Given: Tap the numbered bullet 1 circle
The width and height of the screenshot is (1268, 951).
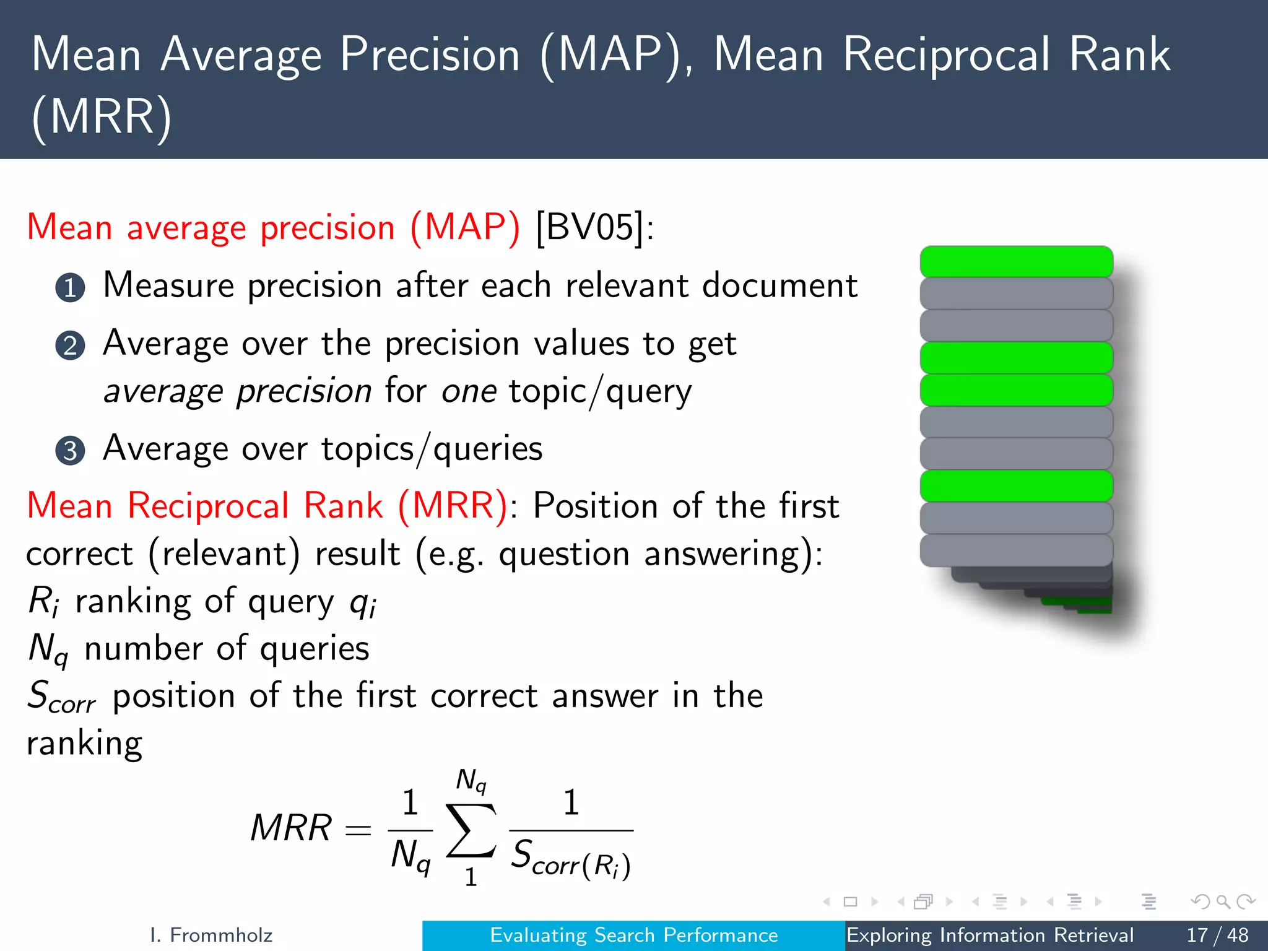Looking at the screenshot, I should pos(70,287).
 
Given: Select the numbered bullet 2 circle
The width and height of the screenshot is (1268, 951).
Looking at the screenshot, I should pos(70,345).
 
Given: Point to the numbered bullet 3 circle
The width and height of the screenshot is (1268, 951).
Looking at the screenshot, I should pos(70,451).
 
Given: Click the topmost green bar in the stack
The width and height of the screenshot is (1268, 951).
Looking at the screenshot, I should pos(1016,261).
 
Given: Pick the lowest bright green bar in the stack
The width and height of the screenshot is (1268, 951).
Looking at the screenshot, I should pos(1016,485).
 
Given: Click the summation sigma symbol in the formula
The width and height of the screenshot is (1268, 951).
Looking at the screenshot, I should pos(471,830).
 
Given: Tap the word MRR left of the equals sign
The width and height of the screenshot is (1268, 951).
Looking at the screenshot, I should pos(291,828).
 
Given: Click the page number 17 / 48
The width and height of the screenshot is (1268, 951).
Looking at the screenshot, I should pos(1217,935).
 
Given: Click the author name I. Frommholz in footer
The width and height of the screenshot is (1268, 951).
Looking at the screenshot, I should pos(211,935).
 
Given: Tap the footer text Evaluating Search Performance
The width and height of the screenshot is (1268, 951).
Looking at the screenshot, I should pos(633,935).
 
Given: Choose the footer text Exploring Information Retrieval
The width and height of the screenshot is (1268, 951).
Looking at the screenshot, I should pos(990,935).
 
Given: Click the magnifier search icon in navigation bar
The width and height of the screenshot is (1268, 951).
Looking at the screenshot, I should pos(1223,901).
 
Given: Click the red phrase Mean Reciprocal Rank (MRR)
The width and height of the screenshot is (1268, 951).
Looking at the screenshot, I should pos(267,505).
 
